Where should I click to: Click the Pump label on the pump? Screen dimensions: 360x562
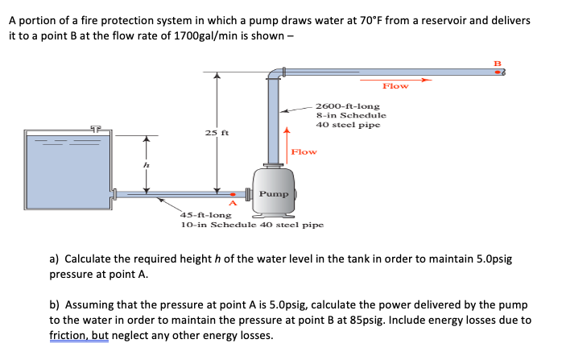coord(274,194)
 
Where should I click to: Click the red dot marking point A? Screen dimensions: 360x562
coord(233,194)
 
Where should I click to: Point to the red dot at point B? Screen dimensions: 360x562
coord(497,72)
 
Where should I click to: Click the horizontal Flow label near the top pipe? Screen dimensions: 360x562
coord(395,86)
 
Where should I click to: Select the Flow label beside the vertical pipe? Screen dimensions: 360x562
coord(303,151)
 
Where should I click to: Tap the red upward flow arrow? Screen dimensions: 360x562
coord(287,137)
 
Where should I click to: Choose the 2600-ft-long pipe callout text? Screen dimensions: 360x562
coord(349,115)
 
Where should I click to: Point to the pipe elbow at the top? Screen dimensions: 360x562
coord(275,75)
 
